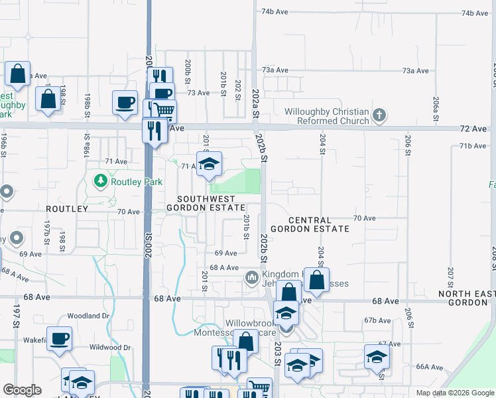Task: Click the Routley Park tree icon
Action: pyautogui.click(x=100, y=180)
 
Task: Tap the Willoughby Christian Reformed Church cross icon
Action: pyautogui.click(x=379, y=116)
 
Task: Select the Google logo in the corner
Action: pyautogui.click(x=22, y=390)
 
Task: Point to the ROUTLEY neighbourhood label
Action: pyautogui.click(x=66, y=209)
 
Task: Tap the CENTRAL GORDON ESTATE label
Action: pyautogui.click(x=318, y=224)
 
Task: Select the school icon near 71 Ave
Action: pyautogui.click(x=209, y=165)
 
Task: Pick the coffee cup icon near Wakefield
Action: pyautogui.click(x=59, y=338)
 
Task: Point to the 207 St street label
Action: pyautogui.click(x=450, y=277)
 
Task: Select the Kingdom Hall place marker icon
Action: pyautogui.click(x=251, y=277)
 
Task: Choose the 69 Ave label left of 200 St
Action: pyautogui.click(x=31, y=254)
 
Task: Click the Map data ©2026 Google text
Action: pyautogui.click(x=454, y=393)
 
